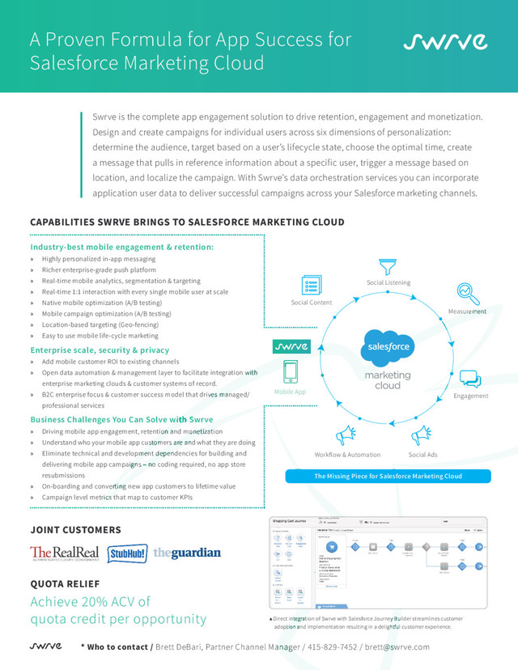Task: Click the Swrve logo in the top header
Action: coord(445,41)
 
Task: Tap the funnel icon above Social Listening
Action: coord(388,266)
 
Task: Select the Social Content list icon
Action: coord(311,286)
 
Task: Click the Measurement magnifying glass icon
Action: coord(467,292)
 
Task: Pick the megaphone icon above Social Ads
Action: coord(422,435)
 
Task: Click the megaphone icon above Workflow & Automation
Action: coord(346,435)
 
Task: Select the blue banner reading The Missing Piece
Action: coord(388,476)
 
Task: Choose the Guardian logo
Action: coord(187,553)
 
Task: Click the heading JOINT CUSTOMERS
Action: coord(75,530)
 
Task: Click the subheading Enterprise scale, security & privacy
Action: coord(100,350)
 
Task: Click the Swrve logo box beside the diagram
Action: coord(290,346)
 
